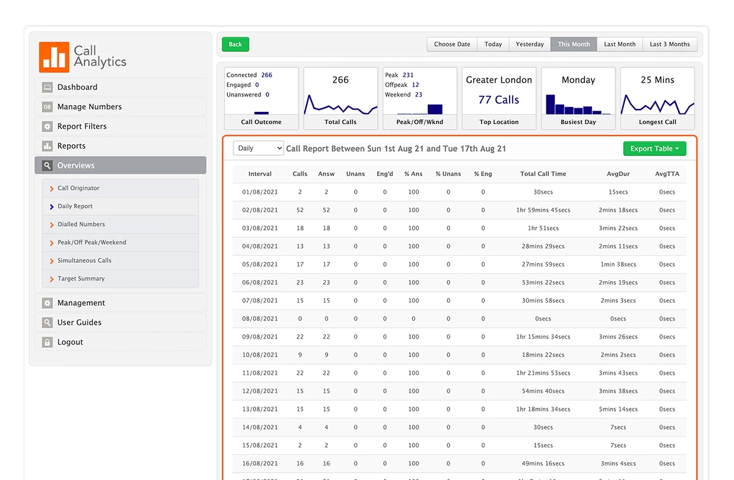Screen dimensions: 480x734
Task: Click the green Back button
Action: [235, 44]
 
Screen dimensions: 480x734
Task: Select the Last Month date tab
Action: [620, 44]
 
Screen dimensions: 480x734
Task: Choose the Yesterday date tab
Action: [529, 44]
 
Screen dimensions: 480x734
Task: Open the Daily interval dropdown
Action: [259, 149]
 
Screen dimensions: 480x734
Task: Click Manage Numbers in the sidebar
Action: [89, 106]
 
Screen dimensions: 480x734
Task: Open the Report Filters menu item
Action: [82, 126]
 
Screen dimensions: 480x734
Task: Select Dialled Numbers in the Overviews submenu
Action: [81, 224]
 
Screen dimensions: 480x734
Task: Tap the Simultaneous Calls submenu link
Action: [84, 260]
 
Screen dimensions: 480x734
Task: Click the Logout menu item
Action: [70, 342]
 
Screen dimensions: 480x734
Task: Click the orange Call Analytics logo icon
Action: [54, 57]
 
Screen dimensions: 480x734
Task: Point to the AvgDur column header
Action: [618, 174]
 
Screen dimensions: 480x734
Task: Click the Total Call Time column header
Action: [543, 174]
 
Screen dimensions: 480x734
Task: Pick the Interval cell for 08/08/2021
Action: [260, 319]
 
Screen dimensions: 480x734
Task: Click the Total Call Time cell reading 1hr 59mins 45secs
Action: [543, 210]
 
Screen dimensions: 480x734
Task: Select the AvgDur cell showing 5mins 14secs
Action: [618, 409]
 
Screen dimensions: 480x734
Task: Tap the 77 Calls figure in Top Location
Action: [499, 100]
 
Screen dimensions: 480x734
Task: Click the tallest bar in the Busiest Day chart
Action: [550, 104]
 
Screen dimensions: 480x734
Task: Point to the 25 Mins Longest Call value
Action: [657, 79]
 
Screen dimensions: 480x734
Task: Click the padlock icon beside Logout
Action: [47, 342]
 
